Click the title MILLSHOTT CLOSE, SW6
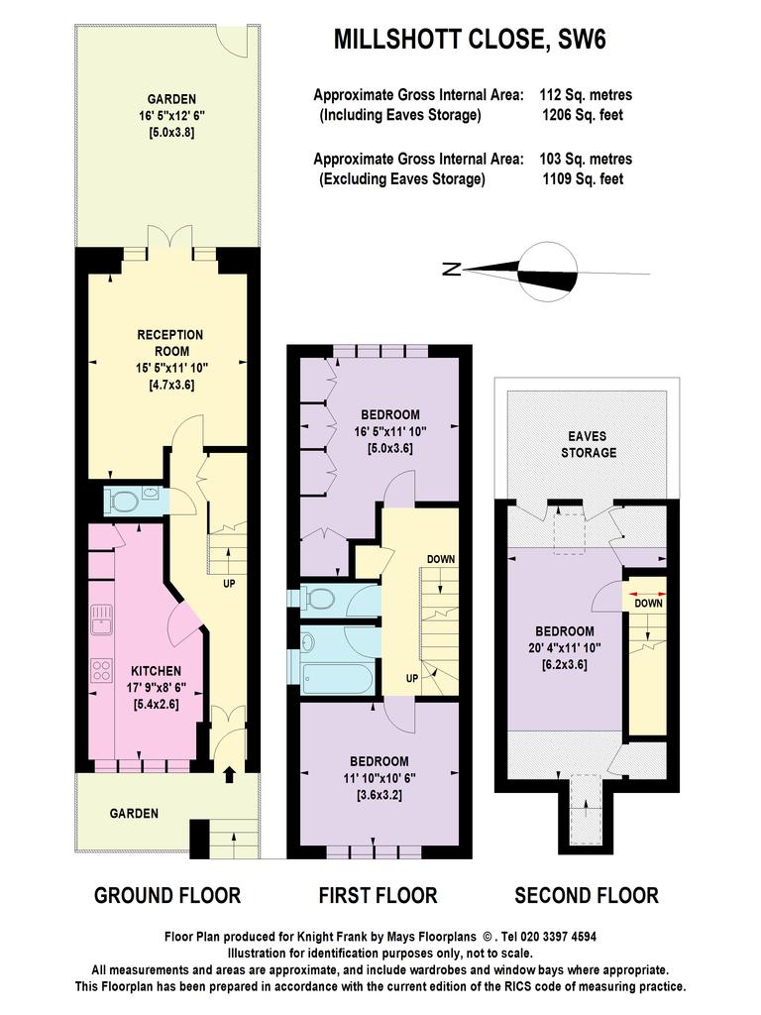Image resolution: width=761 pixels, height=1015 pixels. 470,40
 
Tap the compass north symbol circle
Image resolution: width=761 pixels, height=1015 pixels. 549,272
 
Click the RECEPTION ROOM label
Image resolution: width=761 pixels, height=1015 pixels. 170,343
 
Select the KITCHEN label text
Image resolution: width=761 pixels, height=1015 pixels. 156,671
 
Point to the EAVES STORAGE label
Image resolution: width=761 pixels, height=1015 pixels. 589,444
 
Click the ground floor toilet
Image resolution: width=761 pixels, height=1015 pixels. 122,501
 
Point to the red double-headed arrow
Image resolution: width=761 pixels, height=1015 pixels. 648,594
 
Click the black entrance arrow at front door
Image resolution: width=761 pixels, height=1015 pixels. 229,774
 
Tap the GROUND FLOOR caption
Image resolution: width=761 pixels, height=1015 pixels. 167,895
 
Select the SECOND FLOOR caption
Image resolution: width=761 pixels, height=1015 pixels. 587,895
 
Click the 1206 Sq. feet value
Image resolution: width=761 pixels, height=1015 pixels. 583,115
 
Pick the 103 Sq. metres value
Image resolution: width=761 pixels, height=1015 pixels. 586,159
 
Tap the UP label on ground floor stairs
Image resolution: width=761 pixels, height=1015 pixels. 229,583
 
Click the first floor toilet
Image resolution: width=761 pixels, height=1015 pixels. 317,598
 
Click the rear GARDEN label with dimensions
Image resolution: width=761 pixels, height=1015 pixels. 171,116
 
